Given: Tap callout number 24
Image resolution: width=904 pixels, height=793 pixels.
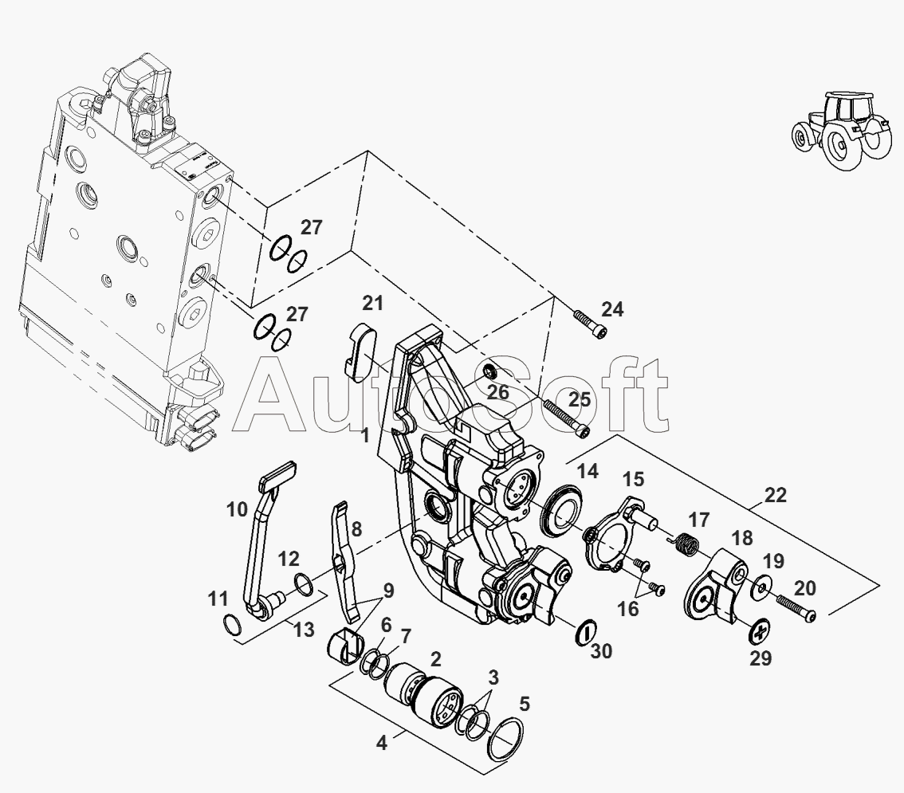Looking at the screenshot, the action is (612, 309).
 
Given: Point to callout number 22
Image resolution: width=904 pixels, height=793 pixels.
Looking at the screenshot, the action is (776, 495).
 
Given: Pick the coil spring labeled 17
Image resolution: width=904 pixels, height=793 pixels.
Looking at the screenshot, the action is (686, 544).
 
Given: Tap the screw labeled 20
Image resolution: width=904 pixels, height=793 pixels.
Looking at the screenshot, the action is (796, 608).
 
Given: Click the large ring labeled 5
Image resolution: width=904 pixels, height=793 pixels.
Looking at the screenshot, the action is (505, 739).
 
